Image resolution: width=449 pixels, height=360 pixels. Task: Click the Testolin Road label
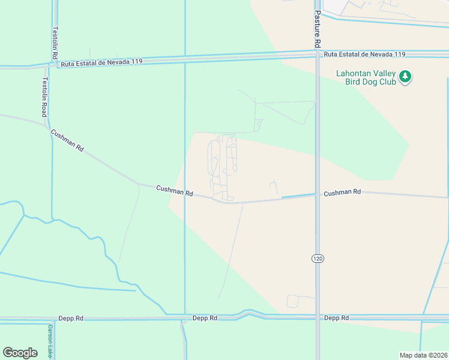tap(45, 97)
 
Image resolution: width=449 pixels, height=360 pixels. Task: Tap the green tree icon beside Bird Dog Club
tap(406, 77)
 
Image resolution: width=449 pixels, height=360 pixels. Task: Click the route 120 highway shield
tap(318, 258)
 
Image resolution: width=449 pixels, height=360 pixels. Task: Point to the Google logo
tap(20, 353)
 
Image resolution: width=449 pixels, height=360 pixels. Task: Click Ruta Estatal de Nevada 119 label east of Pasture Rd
tap(364, 55)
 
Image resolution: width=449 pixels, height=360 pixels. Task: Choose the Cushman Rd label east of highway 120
tap(342, 193)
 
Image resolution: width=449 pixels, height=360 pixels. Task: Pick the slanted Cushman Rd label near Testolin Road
tap(67, 140)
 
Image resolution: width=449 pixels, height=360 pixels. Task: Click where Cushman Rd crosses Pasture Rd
tap(318, 194)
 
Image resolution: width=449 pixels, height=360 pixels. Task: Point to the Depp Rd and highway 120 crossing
tap(318, 317)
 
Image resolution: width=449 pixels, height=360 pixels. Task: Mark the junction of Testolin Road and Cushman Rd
tap(48, 127)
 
